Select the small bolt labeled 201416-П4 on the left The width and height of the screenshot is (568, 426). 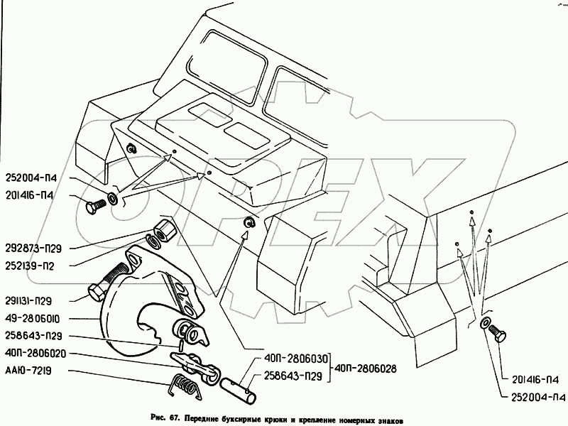pyautogui.click(x=94, y=207)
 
